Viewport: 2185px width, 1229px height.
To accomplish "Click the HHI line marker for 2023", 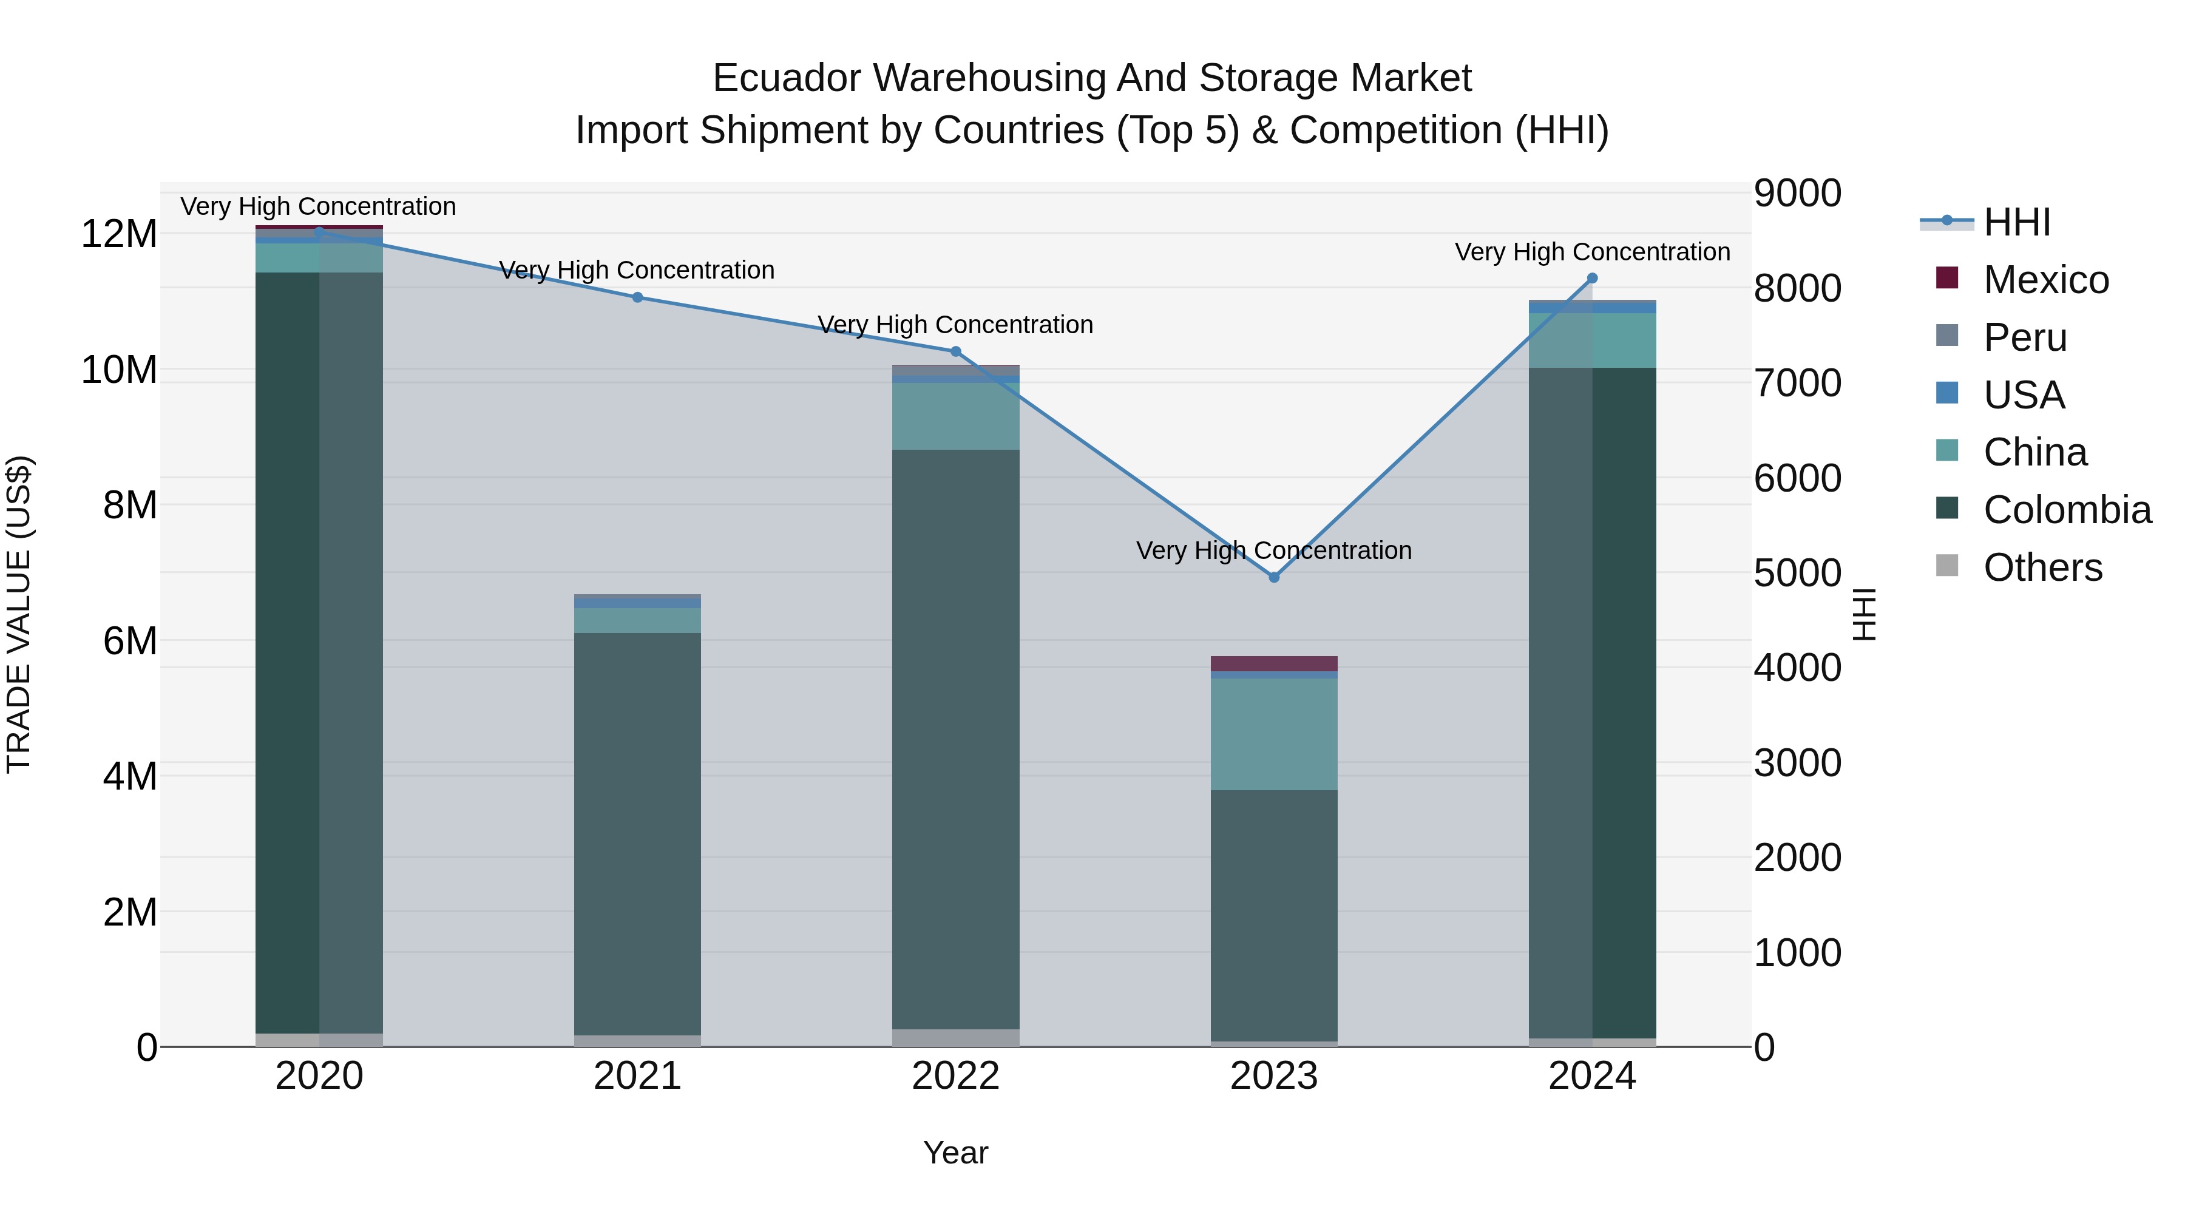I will pyautogui.click(x=1273, y=577).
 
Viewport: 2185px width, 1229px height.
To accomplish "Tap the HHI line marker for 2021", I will pyautogui.click(x=638, y=297).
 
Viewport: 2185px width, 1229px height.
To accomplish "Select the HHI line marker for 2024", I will pyautogui.click(x=1592, y=278).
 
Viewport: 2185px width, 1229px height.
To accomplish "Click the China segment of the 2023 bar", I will pyautogui.click(x=1273, y=734).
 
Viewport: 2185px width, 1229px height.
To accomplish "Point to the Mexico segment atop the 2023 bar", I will pyautogui.click(x=1273, y=663).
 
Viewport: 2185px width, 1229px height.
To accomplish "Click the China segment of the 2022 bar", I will pyautogui.click(x=955, y=416).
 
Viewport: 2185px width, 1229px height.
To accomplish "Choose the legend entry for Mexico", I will pyautogui.click(x=2045, y=280).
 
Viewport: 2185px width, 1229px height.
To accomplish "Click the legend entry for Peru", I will pyautogui.click(x=2025, y=337).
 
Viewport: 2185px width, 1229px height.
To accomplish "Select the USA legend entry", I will pyautogui.click(x=2023, y=395).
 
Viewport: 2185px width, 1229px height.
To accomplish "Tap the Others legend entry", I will pyautogui.click(x=2042, y=567).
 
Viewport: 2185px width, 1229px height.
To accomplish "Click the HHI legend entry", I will pyautogui.click(x=2016, y=222).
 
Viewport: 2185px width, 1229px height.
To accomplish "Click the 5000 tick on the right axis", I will pyautogui.click(x=1797, y=574).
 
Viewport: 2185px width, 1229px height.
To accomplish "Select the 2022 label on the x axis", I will pyautogui.click(x=955, y=1076).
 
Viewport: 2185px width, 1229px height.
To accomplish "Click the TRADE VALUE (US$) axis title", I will pyautogui.click(x=19, y=614).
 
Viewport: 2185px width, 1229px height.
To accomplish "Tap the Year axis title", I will pyautogui.click(x=955, y=1153).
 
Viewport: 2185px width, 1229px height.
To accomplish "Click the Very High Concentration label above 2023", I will pyautogui.click(x=1273, y=550).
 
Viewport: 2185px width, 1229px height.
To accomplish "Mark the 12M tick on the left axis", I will pyautogui.click(x=119, y=234).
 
